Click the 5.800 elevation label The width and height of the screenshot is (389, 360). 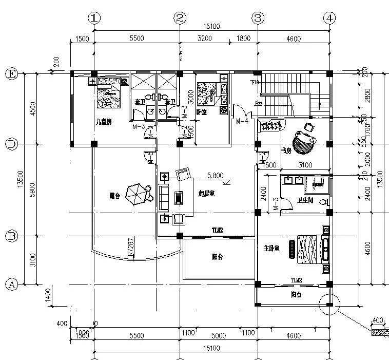click(215, 175)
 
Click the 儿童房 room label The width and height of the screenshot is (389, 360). click(104, 122)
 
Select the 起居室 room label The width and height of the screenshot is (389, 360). click(206, 193)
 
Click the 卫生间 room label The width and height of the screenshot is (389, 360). click(306, 201)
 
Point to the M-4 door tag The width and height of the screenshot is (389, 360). click(242, 121)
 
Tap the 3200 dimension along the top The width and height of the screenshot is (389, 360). click(204, 38)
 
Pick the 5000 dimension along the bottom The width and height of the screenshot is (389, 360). click(219, 335)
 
